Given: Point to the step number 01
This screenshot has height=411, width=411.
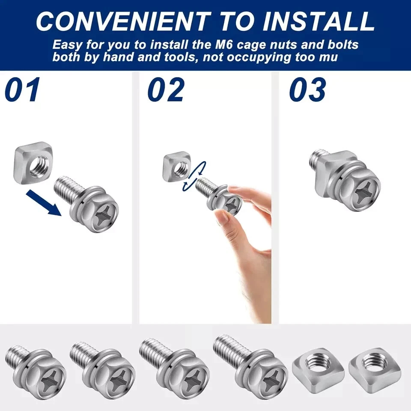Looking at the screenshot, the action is pyautogui.click(x=23, y=89).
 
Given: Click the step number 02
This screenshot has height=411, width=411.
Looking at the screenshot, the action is pyautogui.click(x=166, y=89).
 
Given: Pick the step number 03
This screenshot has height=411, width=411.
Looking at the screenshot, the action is pyautogui.click(x=308, y=89).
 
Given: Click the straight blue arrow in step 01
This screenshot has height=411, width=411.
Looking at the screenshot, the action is pyautogui.click(x=44, y=203).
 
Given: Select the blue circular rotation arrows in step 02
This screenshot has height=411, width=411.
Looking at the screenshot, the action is pyautogui.click(x=194, y=176).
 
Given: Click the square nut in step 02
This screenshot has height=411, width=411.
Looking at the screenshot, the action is pyautogui.click(x=177, y=167).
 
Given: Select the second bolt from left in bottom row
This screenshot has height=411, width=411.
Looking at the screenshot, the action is pyautogui.click(x=102, y=371).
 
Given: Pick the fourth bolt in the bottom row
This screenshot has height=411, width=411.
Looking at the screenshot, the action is pyautogui.click(x=250, y=366).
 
